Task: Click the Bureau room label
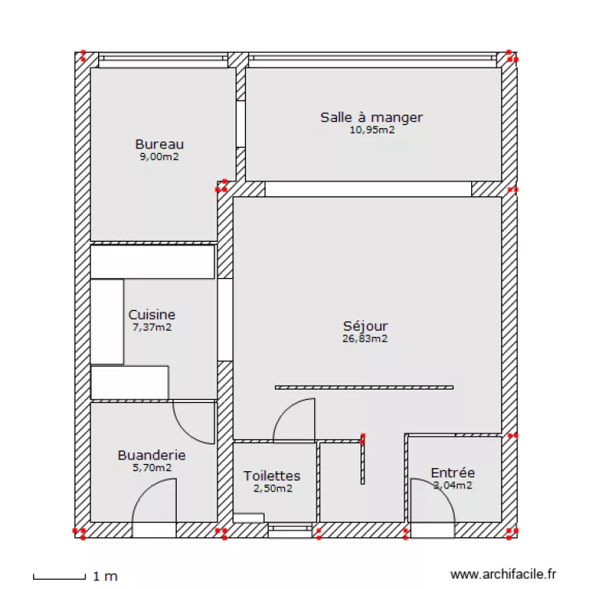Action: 159,145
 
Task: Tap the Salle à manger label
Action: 371,118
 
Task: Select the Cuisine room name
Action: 152,315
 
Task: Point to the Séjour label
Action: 365,326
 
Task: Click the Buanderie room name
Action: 152,455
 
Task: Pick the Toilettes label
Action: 272,476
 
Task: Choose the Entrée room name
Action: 452,473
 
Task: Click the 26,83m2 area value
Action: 365,339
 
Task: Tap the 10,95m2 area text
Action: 371,130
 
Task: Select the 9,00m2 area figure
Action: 159,157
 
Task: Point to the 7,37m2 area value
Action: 152,327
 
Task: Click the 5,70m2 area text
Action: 152,468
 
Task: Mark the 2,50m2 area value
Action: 272,488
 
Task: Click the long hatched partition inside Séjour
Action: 364,387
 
